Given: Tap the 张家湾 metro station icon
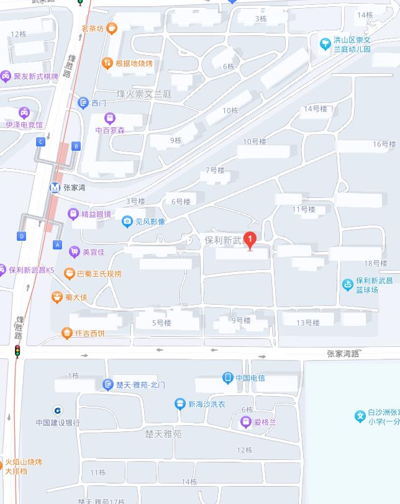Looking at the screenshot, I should pos(55,186).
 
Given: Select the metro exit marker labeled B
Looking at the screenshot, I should pos(76,146).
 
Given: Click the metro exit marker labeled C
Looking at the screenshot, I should pos(41,142).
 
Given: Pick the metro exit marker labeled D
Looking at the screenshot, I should pos(22,236).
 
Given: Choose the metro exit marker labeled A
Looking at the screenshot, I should pos(58,245).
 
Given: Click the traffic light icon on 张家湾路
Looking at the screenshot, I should pos(17,351).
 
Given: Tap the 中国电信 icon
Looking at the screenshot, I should pos(228,377).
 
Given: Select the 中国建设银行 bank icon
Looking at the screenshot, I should pos(57,410).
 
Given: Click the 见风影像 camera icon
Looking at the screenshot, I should pos(127,221).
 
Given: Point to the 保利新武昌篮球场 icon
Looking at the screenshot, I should pos(348,284).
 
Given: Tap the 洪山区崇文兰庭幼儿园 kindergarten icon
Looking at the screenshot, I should pos(324,43).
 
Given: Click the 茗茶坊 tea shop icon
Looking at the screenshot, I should pos(112,28).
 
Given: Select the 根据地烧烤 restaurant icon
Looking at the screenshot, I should pos(107,63).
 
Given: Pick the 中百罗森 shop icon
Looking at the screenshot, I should pos(110,117).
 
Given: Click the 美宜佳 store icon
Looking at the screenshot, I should pos(74,252).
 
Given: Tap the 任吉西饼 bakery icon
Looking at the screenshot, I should pos(67,333).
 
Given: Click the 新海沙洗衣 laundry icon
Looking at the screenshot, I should pos(180,404).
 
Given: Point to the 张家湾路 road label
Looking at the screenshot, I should pos(343,354).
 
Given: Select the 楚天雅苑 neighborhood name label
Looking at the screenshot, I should pos(163,434).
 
